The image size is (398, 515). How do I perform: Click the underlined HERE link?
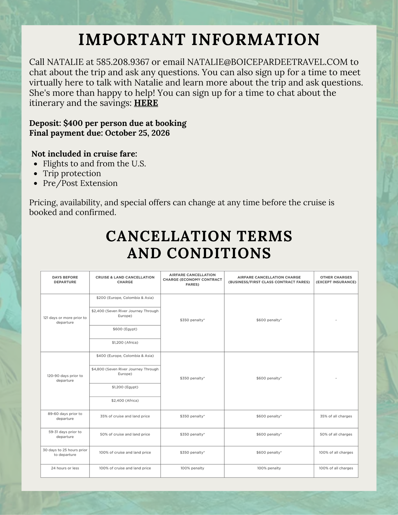tap(146, 103)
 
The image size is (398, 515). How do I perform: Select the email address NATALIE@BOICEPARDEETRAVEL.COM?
tap(267, 62)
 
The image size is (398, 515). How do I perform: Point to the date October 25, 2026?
tap(137, 133)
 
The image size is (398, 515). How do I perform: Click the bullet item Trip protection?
tap(72, 173)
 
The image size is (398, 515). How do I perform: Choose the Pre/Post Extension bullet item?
tap(80, 183)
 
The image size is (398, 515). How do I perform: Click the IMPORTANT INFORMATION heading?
tap(199, 39)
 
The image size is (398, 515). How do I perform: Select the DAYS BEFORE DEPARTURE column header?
tap(65, 280)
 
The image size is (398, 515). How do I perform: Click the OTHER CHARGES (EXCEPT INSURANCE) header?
tap(336, 280)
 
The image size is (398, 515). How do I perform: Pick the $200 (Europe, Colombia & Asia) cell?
tap(125, 298)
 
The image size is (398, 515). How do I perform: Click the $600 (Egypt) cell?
tap(125, 329)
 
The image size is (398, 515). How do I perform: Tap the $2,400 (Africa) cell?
tap(125, 401)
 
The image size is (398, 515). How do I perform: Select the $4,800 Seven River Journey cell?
tap(125, 371)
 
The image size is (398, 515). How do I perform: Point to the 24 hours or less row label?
tap(65, 468)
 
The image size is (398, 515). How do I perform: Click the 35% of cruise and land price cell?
tap(125, 416)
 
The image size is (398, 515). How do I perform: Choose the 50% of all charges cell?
tap(336, 434)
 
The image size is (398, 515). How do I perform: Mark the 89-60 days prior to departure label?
tap(65, 416)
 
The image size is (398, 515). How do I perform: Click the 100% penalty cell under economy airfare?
tap(192, 468)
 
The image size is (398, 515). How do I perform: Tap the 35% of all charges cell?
tap(336, 416)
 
